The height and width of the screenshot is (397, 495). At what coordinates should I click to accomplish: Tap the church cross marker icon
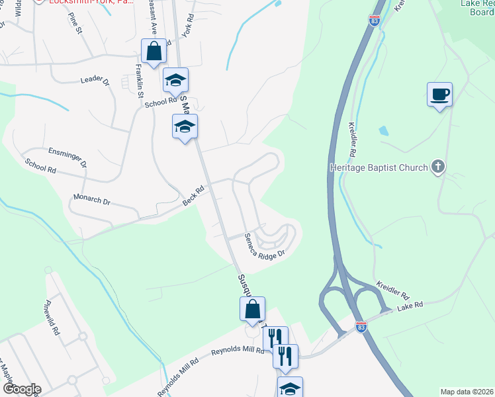[437, 167]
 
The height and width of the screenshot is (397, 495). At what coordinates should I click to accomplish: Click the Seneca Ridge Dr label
[264, 245]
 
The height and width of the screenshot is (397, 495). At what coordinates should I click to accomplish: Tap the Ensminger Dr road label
[67, 157]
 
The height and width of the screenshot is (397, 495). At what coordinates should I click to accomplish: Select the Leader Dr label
[95, 81]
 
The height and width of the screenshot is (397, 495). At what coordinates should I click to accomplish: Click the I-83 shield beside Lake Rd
[361, 327]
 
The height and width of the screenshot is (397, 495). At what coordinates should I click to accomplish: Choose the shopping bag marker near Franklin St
[154, 50]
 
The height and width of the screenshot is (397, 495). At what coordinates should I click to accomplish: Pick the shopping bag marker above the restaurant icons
[252, 308]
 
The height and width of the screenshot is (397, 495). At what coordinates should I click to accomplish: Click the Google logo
[21, 388]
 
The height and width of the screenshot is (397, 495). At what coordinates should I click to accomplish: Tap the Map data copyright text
[467, 392]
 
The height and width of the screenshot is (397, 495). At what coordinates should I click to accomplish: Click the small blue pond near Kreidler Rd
[384, 130]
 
